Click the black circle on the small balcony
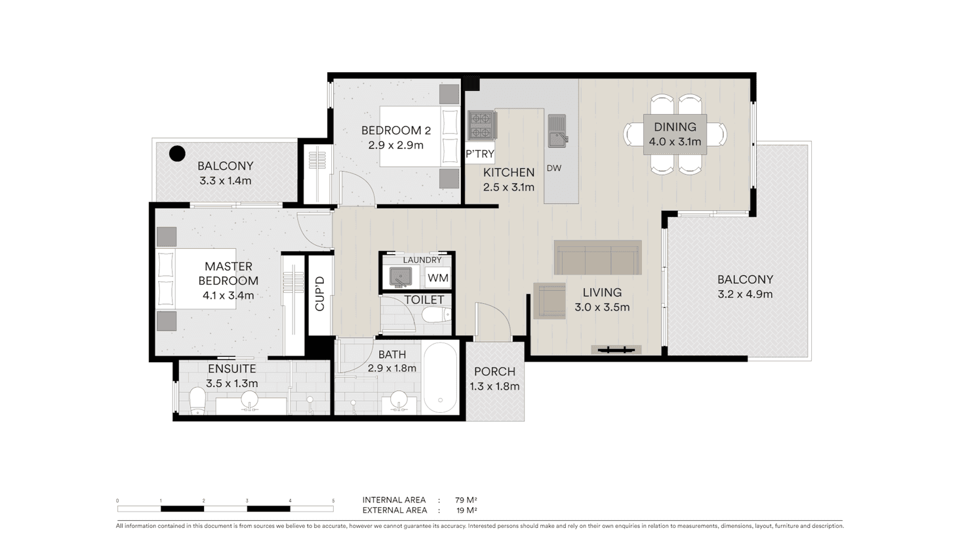pos(177,153)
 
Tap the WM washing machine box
pos(438,278)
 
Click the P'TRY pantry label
pos(480,154)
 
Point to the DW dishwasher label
pos(553,168)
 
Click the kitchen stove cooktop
pos(482,125)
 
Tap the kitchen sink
pos(557,130)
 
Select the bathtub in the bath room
pos(440,377)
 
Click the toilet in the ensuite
pos(197,401)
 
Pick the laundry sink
pos(401,276)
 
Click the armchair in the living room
pos(550,301)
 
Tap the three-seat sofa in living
pos(597,257)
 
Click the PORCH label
pos(494,371)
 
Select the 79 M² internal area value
pos(466,500)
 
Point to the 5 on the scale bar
pos(333,500)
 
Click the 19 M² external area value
pos(467,510)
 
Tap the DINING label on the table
pos(675,126)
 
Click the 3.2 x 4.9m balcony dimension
pos(745,294)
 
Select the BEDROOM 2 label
pos(396,130)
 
